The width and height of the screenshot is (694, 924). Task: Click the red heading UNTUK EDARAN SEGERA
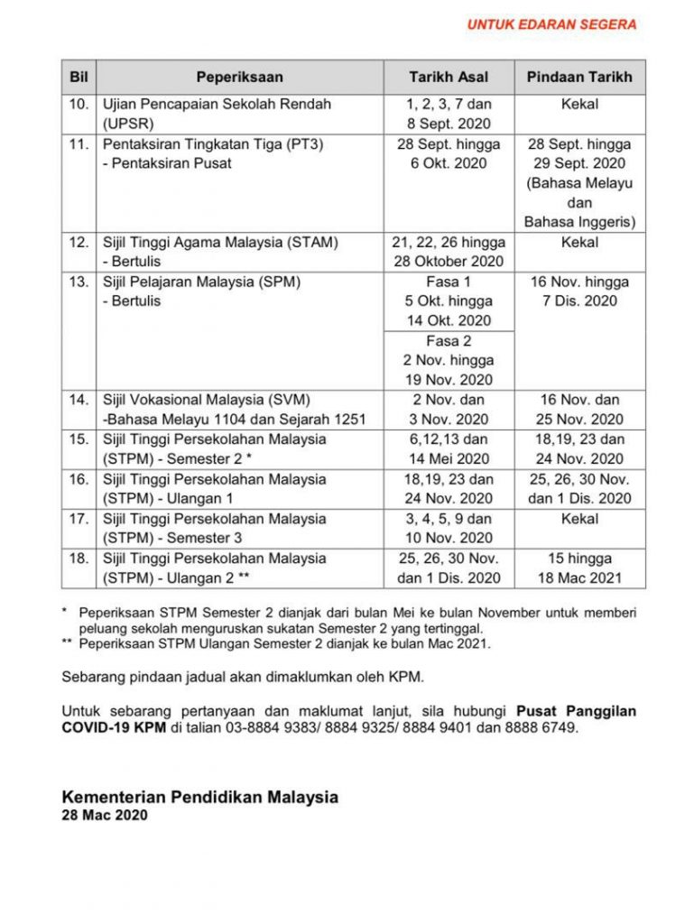[x=551, y=24]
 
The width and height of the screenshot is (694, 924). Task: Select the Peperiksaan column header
[x=239, y=77]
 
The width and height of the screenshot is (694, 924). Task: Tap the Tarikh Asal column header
[x=449, y=77]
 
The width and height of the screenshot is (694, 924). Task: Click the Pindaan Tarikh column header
[x=579, y=77]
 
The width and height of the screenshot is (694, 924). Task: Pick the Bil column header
[x=79, y=77]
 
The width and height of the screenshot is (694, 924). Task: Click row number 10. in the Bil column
[x=79, y=105]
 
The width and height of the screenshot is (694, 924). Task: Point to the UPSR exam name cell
[x=217, y=114]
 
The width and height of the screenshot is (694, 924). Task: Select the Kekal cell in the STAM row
[x=579, y=243]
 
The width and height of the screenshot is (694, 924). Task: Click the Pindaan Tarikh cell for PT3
[x=579, y=183]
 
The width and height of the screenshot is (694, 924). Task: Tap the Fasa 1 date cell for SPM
[x=449, y=301]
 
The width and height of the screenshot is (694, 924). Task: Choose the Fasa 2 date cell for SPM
[x=449, y=360]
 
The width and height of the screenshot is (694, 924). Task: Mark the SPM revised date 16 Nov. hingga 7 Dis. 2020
[x=579, y=291]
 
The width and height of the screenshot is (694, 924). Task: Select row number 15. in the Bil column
[x=79, y=439]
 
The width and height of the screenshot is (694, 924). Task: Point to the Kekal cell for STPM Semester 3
[x=579, y=519]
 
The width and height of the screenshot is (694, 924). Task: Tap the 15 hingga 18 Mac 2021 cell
[x=579, y=568]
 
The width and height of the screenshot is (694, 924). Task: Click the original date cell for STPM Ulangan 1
[x=449, y=488]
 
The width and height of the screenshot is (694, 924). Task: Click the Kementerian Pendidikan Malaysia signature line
[x=199, y=798]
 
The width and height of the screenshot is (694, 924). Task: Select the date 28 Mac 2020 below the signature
[x=105, y=815]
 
